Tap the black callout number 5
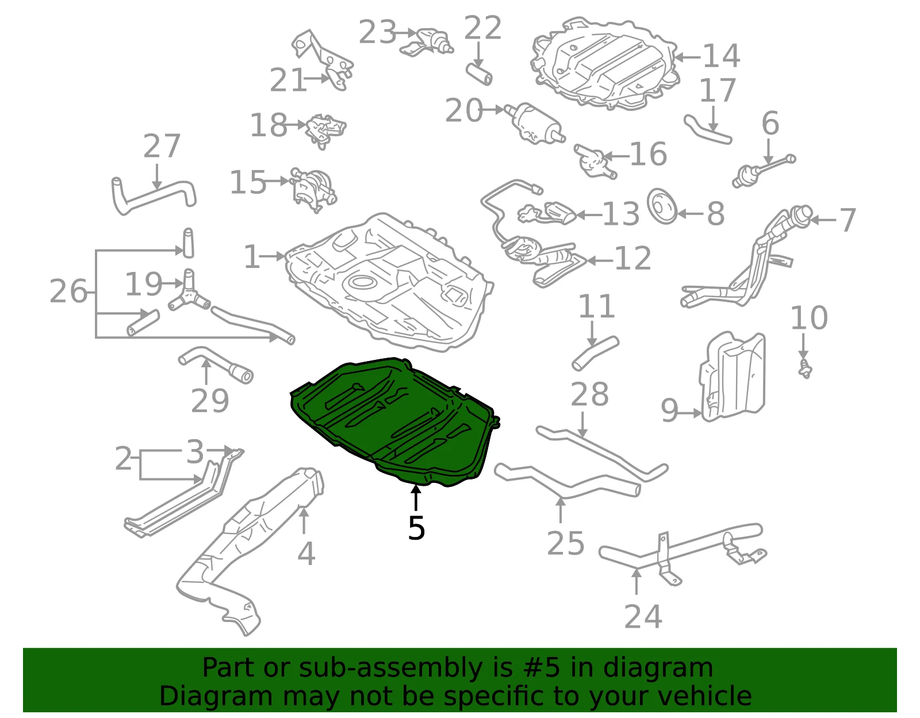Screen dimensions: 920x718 coord(416,528)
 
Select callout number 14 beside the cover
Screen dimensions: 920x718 coord(722,56)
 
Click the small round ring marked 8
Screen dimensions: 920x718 coord(662,206)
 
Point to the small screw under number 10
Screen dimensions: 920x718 coord(805,370)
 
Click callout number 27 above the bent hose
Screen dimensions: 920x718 coord(162,146)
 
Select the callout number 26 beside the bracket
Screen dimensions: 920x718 coord(68,291)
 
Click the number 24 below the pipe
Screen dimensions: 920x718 coord(643,617)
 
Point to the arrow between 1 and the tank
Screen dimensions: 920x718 coord(272,256)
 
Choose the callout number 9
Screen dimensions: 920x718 coord(669,410)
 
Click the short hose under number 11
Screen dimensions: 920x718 coord(595,353)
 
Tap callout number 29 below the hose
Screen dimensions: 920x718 coord(210,401)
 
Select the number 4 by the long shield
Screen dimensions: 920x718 coord(306,554)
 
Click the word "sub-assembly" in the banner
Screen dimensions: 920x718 coord(390,668)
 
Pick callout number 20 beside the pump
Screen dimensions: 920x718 coord(463,110)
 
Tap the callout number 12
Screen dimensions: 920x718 coord(632,258)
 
